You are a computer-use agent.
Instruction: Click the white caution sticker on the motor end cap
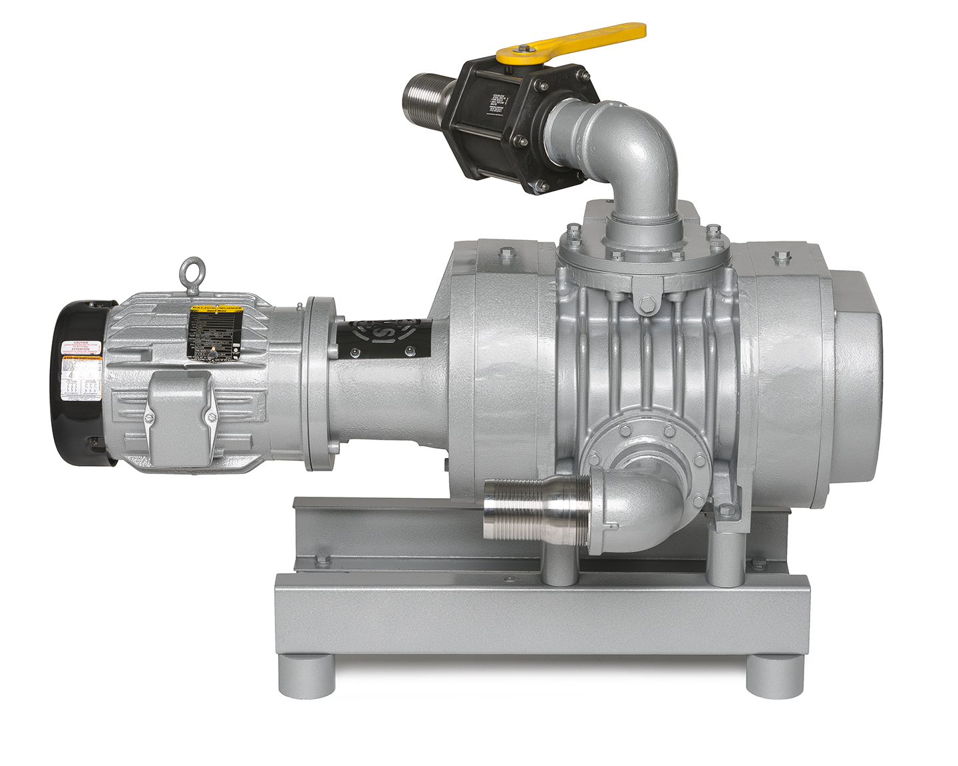[x=81, y=348]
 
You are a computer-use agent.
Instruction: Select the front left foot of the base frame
[x=307, y=676]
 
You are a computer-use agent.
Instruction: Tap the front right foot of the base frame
[x=774, y=676]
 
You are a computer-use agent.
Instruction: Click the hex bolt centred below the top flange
[x=645, y=306]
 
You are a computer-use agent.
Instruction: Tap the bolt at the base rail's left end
[x=323, y=560]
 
